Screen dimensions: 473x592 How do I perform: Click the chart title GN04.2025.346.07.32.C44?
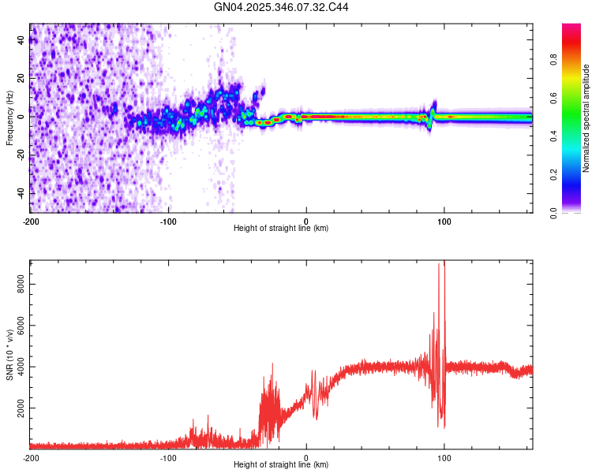point(282,7)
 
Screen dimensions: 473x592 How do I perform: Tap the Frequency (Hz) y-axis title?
point(9,118)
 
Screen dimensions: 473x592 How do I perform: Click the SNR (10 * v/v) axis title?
point(9,356)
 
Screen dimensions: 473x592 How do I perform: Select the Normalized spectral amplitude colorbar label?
point(586,118)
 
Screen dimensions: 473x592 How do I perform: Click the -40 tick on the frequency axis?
point(20,193)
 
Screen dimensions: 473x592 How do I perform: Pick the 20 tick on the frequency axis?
point(21,78)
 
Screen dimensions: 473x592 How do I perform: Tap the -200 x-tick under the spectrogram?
point(30,221)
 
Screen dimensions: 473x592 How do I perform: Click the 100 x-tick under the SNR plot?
point(444,457)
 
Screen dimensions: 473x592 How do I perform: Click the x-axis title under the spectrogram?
point(281,229)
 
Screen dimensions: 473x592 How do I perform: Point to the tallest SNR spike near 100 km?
point(440,265)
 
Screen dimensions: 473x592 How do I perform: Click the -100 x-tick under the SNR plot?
point(168,457)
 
